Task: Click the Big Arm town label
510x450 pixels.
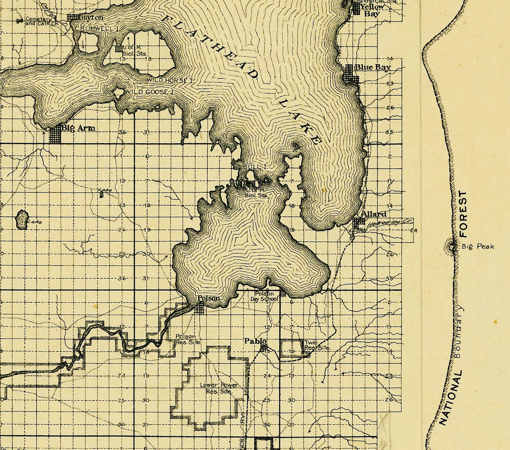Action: pos(78,128)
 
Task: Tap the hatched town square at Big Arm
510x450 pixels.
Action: pos(55,135)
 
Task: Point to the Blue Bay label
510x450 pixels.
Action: pos(372,67)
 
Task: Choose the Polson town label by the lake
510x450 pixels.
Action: pos(208,298)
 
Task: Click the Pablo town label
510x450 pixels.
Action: pos(255,341)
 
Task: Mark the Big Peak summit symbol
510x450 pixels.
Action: pos(452,247)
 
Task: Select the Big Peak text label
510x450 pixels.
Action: pos(478,246)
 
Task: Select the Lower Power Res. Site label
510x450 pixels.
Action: pos(219,388)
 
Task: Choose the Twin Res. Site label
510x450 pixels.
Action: pos(317,345)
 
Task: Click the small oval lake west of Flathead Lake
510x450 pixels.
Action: pos(21,219)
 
